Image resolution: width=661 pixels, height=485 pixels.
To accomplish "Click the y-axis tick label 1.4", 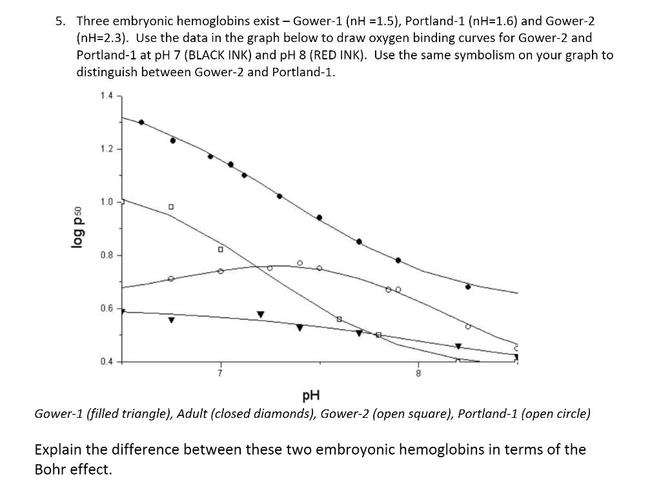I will click(107, 96).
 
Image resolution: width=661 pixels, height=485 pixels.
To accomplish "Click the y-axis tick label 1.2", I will click(107, 149).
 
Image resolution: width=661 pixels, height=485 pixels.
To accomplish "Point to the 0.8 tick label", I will click(107, 255).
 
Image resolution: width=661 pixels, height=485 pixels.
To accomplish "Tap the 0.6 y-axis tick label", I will click(107, 309).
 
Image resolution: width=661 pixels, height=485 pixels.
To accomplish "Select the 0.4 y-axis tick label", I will click(107, 362).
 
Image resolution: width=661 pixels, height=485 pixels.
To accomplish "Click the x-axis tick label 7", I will click(219, 373).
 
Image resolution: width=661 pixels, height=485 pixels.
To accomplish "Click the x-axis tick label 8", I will click(418, 373).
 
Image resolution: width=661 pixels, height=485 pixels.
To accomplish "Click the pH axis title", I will click(311, 395).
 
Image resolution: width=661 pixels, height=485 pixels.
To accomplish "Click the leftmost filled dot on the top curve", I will click(141, 122).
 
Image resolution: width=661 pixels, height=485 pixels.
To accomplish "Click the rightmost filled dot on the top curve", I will click(468, 286).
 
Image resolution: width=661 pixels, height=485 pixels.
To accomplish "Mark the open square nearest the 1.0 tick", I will click(171, 207).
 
